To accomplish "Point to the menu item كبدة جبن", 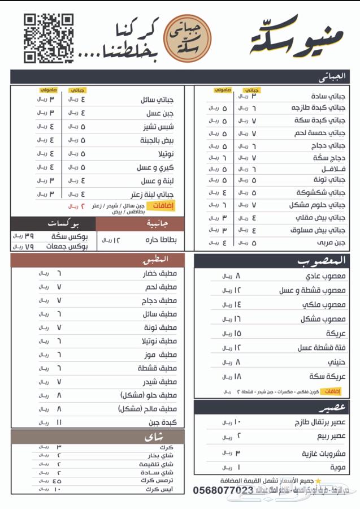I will coord(164,422).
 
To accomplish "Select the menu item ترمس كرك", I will coord(161,480).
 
